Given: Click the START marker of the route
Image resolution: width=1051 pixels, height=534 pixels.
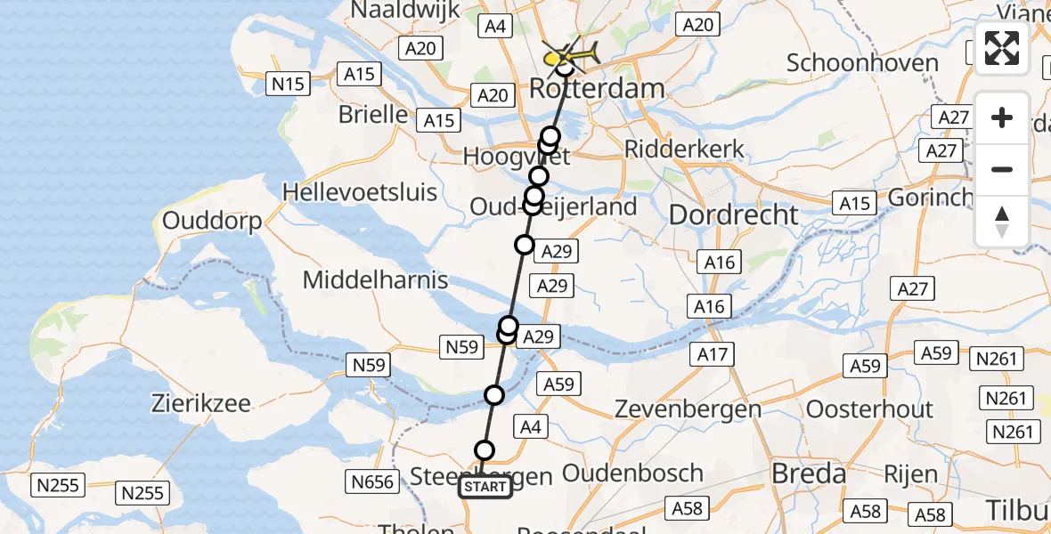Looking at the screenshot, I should coord(485,487).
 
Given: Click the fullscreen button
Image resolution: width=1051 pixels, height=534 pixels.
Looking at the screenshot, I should coord(1002,48).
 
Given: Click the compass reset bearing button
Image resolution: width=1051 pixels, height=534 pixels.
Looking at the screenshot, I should coord(1002,222).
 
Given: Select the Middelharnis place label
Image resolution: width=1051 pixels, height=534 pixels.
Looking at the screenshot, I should coord(376,279).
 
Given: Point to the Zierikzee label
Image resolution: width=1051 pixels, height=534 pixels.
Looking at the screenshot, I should coord(201,402).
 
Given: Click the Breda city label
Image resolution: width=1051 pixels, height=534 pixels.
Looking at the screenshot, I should coord(808,474).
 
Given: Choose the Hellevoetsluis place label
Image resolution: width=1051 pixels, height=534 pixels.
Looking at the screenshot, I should coord(360,191).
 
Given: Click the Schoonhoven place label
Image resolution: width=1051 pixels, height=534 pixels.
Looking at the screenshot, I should coord(863,63).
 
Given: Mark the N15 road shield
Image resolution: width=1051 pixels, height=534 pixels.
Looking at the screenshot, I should coord(288,85).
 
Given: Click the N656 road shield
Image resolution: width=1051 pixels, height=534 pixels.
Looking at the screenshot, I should coord(372,482).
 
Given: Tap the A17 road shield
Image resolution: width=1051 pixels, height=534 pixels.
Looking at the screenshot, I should coord(713,355).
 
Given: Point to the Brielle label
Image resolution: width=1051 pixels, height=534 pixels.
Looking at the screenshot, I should coord(373,115).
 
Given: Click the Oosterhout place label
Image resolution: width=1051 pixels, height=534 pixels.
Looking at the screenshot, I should coord(869,409).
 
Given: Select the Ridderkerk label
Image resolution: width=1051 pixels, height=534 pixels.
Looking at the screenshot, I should coord(683,149).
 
